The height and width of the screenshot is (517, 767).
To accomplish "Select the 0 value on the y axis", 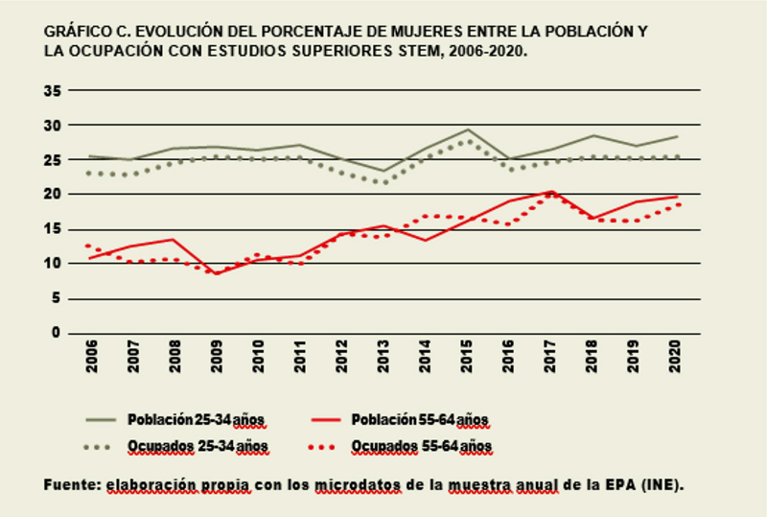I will click(x=57, y=333).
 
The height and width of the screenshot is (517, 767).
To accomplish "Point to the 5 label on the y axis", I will click(x=57, y=298).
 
